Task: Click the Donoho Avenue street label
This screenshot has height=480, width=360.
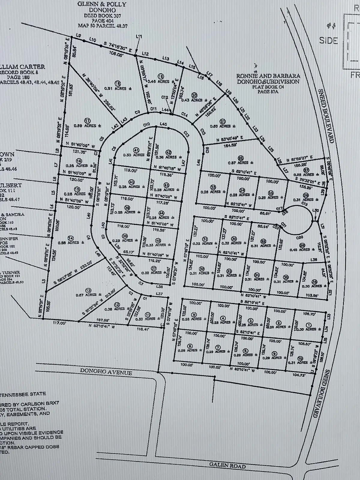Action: click(x=106, y=372)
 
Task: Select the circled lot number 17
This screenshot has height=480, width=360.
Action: click(x=87, y=121)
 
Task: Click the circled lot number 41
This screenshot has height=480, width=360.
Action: click(x=136, y=150)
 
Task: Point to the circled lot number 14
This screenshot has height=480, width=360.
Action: click(x=71, y=238)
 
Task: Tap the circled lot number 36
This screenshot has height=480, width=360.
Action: click(x=315, y=281)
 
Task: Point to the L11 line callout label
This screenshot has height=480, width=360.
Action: click(x=139, y=37)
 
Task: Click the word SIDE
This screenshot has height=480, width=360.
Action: click(x=328, y=40)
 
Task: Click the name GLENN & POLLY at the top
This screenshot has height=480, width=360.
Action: click(x=102, y=4)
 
